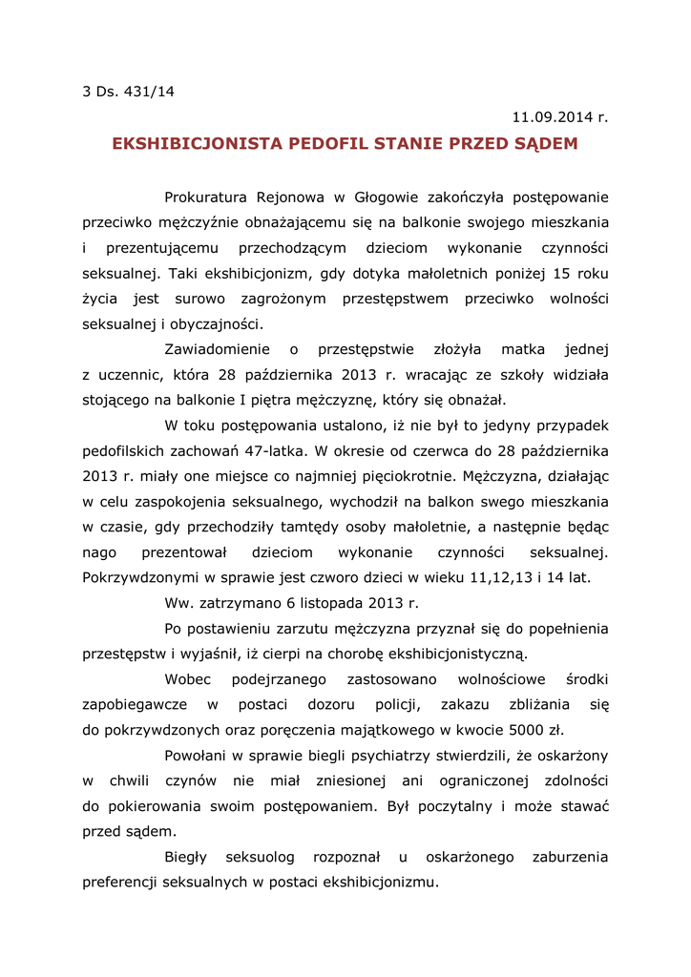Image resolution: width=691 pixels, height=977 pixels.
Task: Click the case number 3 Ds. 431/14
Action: (129, 92)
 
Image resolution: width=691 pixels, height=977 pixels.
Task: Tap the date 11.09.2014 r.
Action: (559, 117)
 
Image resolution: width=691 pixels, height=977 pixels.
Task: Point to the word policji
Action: (394, 705)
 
